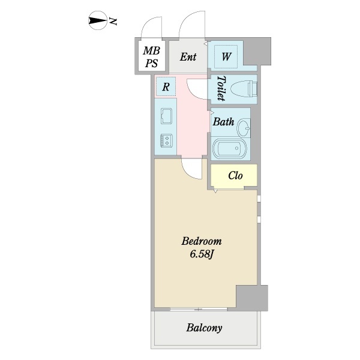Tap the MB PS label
151,57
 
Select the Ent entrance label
188,57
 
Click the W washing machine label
226,56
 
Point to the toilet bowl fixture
244,89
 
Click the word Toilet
221,88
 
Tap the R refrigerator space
166,86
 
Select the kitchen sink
166,116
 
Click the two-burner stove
166,140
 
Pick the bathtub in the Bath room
230,148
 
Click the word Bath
223,122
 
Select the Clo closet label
235,176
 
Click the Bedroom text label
202,241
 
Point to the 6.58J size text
202,254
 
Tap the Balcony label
204,328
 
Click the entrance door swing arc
184,20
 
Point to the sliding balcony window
199,309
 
